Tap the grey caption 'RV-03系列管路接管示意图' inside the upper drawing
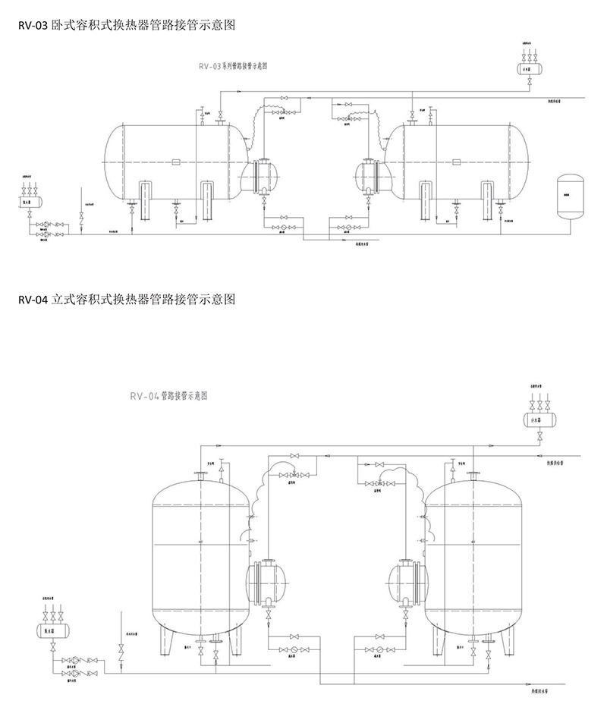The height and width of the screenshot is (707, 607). (x=234, y=67)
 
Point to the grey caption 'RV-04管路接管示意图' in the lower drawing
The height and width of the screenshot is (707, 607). (x=168, y=396)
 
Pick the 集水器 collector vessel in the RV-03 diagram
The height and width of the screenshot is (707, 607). (x=30, y=202)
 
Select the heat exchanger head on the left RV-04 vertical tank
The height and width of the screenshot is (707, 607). (x=268, y=580)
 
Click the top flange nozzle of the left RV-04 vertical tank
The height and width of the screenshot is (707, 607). (x=201, y=476)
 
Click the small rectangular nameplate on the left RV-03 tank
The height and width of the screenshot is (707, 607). (x=175, y=160)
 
